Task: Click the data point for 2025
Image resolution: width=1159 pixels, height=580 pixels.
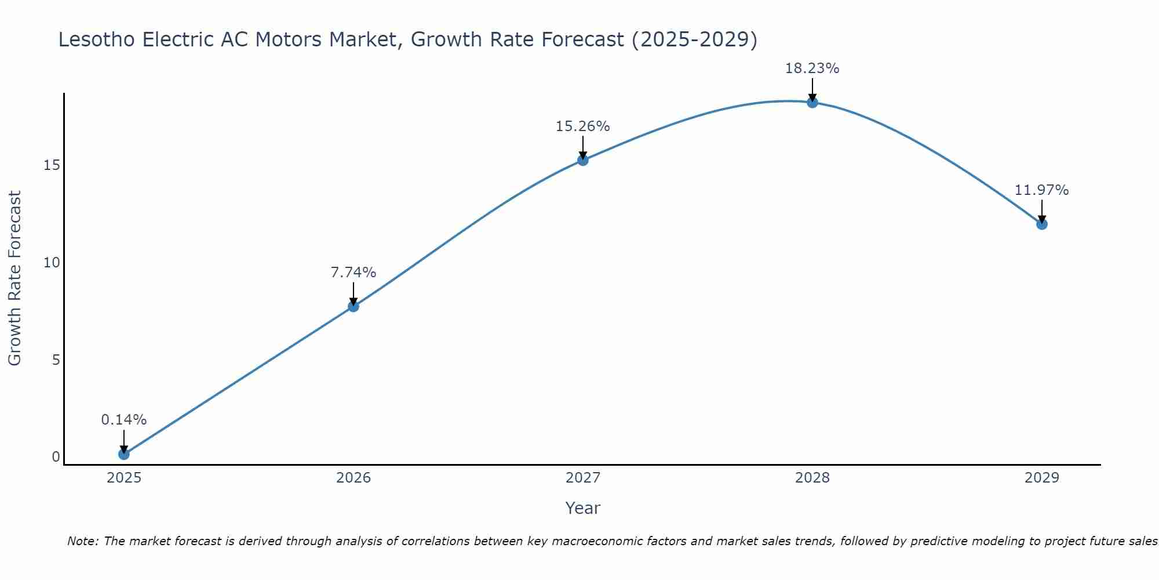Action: coord(123,454)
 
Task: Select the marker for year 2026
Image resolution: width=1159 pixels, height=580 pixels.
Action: coord(353,306)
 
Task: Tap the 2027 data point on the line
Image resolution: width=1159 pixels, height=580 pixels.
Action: coord(583,160)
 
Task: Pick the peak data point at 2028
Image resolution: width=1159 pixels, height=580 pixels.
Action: coord(812,103)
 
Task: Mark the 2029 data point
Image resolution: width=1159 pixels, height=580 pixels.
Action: coord(1042,224)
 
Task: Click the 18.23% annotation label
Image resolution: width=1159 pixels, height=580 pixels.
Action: coord(812,68)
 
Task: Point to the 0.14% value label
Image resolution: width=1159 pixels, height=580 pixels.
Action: coord(123,420)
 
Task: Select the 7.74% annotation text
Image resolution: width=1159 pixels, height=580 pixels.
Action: coord(353,273)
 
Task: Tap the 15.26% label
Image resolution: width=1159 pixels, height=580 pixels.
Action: coord(582,126)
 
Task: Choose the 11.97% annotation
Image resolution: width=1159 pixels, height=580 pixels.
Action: coord(1041,190)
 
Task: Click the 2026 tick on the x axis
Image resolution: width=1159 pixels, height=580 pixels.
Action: coord(353,478)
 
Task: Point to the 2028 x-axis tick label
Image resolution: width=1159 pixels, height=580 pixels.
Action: coord(812,478)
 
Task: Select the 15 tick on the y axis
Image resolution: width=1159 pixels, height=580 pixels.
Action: coord(52,166)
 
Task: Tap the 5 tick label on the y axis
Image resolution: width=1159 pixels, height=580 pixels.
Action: coord(56,360)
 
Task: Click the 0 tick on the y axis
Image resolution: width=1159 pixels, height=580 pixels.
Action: coord(56,457)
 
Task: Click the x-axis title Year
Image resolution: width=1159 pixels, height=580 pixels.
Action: coord(582,508)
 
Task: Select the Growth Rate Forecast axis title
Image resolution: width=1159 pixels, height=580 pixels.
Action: coord(14,278)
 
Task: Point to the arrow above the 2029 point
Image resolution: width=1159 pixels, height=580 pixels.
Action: coord(1042,211)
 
